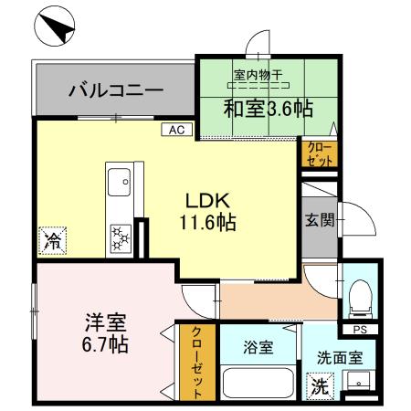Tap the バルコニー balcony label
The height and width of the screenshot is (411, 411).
115,91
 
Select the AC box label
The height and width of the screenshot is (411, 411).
177,130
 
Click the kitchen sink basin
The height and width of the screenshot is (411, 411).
120,183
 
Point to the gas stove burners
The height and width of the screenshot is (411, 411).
120,239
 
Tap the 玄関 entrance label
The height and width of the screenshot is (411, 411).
320,218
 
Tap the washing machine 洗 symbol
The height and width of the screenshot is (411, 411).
318,385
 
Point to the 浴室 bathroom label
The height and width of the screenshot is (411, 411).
258,347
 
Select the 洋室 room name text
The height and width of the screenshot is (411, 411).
105,322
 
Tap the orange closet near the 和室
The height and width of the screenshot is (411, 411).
318,153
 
